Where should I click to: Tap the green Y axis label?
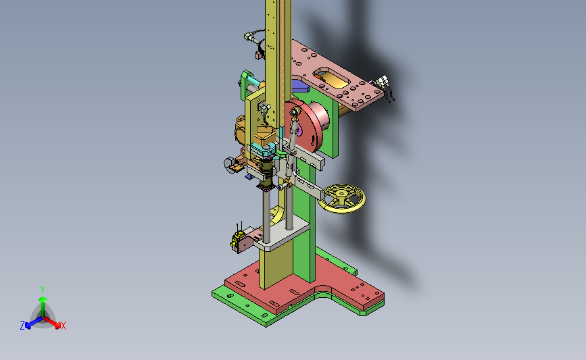click(42, 290)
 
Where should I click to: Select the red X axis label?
click(63, 326)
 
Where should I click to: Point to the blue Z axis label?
click(22, 326)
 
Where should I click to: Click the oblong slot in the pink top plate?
click(332, 78)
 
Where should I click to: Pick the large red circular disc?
click(305, 126)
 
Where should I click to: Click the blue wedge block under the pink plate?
click(300, 86)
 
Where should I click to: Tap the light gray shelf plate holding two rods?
click(282, 236)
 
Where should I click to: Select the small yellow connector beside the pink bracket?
click(237, 239)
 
